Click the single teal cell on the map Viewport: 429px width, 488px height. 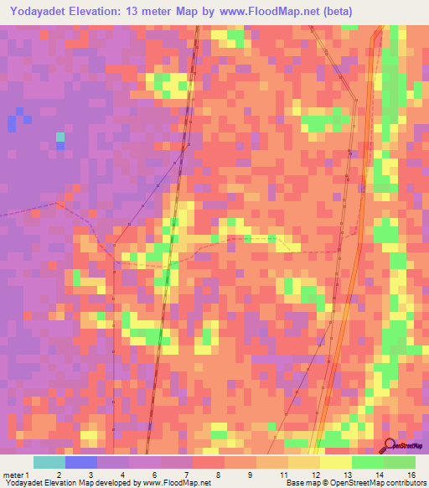click(x=60, y=136)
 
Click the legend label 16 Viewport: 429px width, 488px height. click(x=411, y=475)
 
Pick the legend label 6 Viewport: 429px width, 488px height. click(x=155, y=475)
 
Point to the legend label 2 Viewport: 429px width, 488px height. click(x=59, y=475)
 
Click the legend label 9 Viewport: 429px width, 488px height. click(x=251, y=475)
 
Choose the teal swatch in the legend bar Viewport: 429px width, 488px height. click(x=49, y=462)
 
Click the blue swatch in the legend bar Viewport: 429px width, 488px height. click(x=81, y=462)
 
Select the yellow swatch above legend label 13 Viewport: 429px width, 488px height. click(x=335, y=462)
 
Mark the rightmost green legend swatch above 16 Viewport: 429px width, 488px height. click(x=400, y=462)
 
